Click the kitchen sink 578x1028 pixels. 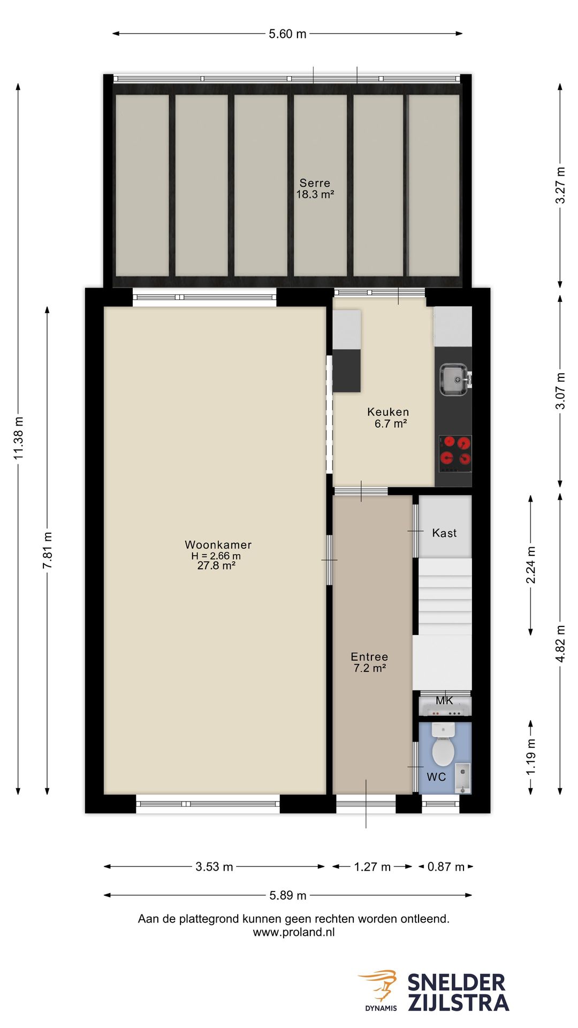point(453,379)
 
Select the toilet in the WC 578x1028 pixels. point(443,747)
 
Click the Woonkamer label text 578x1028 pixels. point(218,545)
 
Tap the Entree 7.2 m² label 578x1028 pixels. point(369,662)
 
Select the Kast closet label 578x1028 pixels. point(444,533)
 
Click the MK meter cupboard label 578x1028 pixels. point(444,700)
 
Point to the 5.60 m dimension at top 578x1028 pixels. point(287,34)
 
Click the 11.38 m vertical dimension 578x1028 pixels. point(19,438)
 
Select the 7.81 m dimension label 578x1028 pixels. point(48,550)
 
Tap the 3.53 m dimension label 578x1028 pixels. point(214,867)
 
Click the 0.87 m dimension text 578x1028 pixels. point(446,867)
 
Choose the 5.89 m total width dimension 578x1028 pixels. point(287,895)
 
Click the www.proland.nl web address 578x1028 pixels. point(294,932)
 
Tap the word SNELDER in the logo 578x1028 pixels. point(456,983)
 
